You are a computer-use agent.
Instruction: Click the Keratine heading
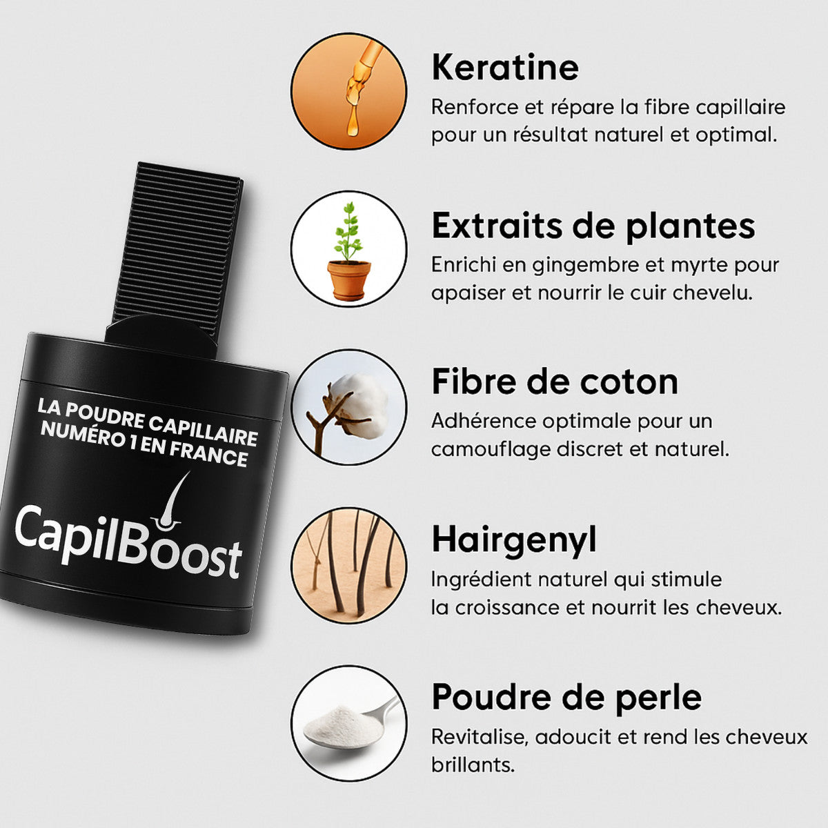[505, 68]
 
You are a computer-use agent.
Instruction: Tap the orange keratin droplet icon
[348, 91]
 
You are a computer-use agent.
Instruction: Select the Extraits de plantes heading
[593, 226]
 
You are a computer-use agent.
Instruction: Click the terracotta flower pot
[349, 279]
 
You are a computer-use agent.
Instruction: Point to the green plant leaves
[348, 232]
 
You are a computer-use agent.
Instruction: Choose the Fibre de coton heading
[555, 382]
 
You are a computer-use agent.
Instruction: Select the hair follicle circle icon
[349, 566]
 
